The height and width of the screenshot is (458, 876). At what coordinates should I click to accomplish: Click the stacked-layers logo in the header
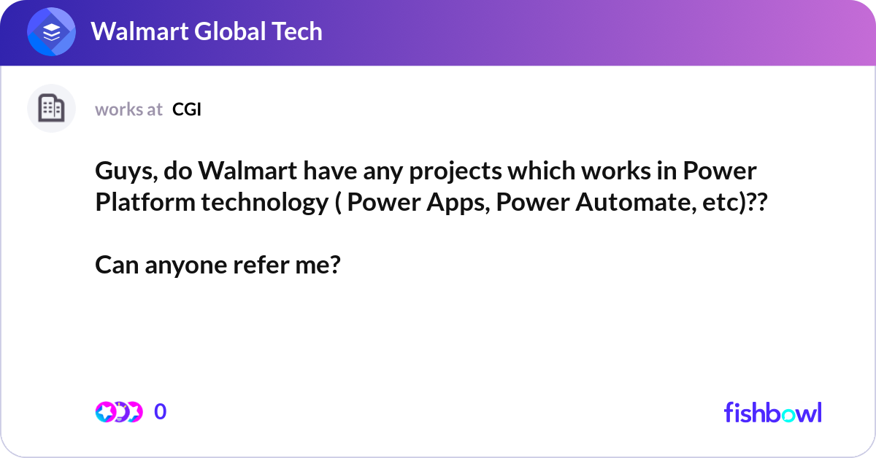51,32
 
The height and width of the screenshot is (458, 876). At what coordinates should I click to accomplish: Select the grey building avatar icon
51,109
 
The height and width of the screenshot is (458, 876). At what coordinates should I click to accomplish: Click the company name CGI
187,109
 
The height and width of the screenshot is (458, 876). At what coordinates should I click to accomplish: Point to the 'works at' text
128,109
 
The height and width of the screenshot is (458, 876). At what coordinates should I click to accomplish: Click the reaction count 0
161,412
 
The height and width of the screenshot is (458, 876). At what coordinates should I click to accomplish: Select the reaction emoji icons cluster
118,412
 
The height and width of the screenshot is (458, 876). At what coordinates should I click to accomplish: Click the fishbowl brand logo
772,412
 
